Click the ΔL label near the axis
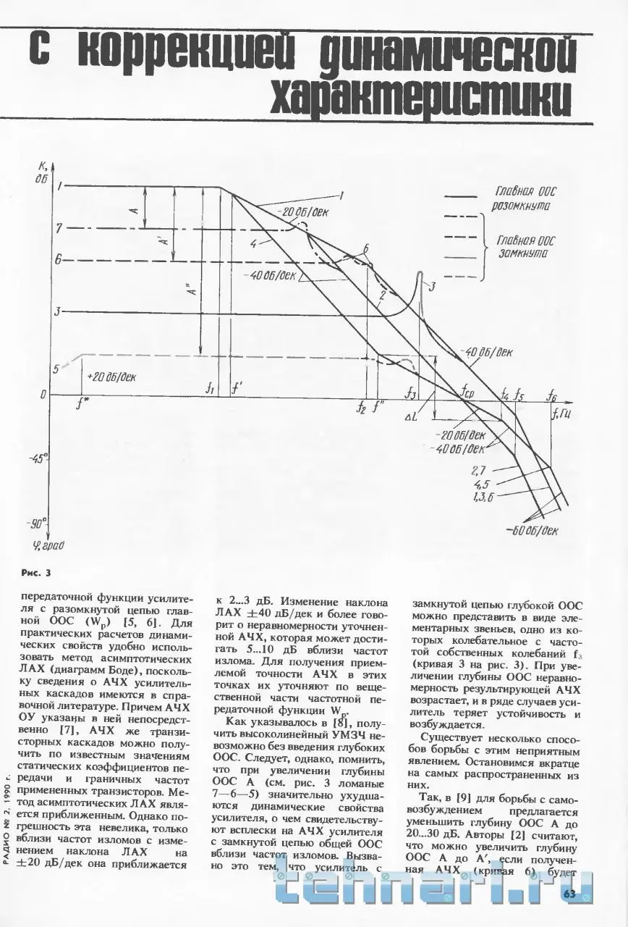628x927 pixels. coord(411,418)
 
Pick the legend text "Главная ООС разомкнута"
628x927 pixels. coord(525,199)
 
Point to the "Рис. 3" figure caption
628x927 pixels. coord(36,574)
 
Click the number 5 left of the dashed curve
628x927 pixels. coord(56,369)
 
